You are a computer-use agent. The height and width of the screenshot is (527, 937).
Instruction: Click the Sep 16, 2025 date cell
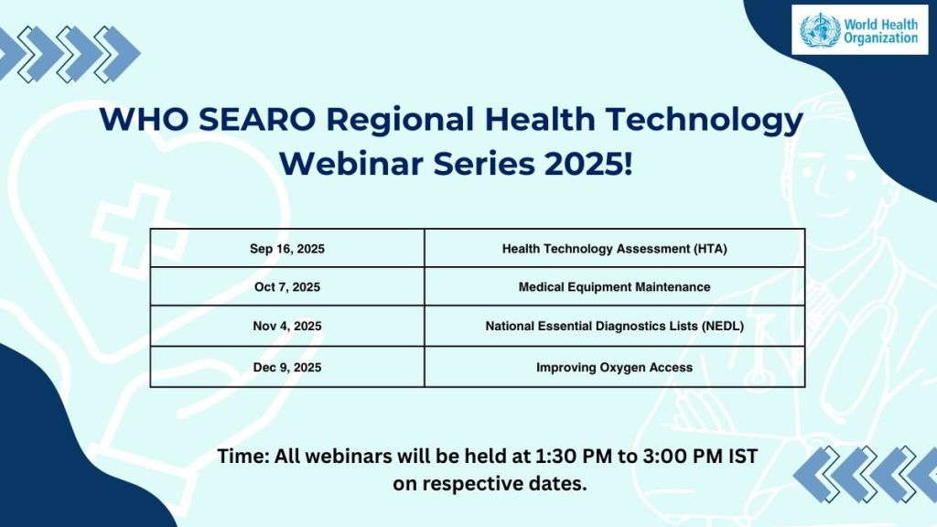287,248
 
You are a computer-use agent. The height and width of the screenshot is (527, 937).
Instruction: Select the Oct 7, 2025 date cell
287,286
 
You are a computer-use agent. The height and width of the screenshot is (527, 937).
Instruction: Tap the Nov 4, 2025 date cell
287,326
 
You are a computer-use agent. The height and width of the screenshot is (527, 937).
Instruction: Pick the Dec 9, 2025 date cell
287,367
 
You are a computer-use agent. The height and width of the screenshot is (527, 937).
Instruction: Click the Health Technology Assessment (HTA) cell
614,248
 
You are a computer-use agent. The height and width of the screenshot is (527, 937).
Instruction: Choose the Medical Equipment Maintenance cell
614,286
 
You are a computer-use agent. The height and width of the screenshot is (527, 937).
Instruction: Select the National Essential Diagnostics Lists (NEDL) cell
614,326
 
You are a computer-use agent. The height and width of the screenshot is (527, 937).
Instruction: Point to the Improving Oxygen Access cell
614,367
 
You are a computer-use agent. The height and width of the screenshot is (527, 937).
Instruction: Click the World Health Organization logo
858,30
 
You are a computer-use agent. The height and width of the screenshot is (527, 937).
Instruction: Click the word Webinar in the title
348,165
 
